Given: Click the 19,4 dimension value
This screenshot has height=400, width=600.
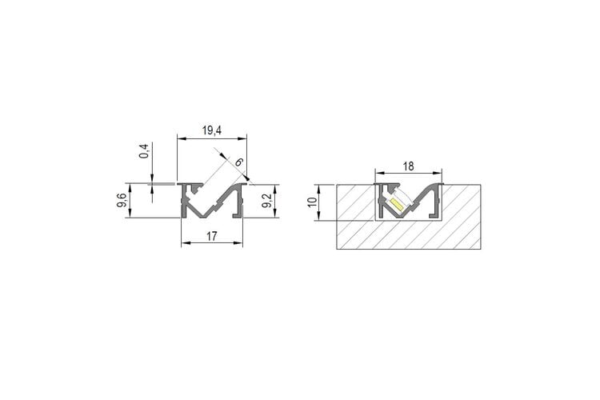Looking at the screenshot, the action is click(x=212, y=130).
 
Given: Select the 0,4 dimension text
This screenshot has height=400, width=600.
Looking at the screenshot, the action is click(x=144, y=151).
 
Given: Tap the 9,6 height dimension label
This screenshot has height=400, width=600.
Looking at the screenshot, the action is click(x=122, y=201).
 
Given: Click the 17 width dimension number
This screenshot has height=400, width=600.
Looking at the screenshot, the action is click(x=212, y=236).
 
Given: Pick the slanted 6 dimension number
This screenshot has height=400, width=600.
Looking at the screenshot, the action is click(x=238, y=162).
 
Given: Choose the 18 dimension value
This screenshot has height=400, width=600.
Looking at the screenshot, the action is click(x=408, y=166).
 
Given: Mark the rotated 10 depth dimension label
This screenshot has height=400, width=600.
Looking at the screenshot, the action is click(x=312, y=202).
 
